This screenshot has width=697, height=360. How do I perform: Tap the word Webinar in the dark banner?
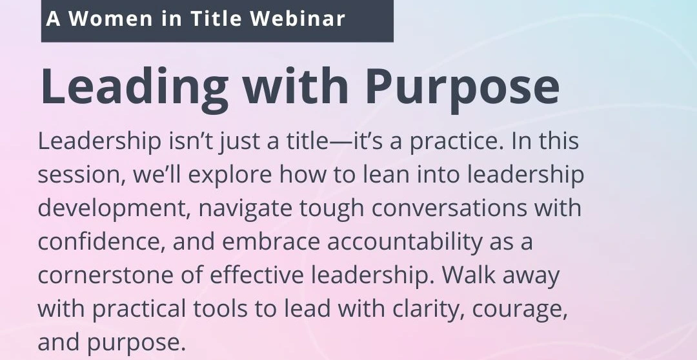click(x=298, y=19)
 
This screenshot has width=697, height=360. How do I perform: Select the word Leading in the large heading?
click(x=135, y=86)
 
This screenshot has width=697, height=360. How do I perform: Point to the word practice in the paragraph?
click(x=456, y=141)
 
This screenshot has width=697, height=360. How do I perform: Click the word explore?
click(x=230, y=175)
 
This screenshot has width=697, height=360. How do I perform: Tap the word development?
click(x=114, y=208)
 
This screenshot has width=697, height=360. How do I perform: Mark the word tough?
click(x=332, y=208)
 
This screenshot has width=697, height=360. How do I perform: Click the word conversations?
click(x=449, y=208)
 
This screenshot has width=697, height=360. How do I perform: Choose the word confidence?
click(x=101, y=242)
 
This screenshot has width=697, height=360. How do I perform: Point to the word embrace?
click(x=271, y=242)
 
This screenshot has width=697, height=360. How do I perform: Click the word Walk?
click(x=469, y=275)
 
